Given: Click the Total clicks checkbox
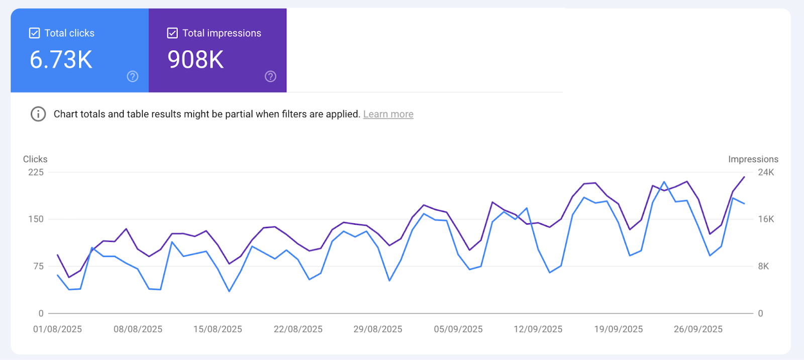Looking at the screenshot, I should tap(35, 33).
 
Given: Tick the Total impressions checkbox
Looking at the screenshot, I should tap(172, 33).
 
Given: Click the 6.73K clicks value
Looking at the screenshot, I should tap(61, 60).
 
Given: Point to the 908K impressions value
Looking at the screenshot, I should tap(195, 60).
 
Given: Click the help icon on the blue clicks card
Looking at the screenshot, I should tap(133, 76).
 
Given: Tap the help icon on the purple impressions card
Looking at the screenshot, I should tap(270, 76).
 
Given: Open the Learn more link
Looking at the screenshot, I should tap(388, 114).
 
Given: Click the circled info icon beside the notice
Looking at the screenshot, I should tap(38, 114).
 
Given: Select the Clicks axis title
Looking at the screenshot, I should tap(35, 159).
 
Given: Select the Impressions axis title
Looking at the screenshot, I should tap(753, 159).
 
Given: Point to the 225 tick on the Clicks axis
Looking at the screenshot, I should tap(36, 172).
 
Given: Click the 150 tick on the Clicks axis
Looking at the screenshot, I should tap(36, 219).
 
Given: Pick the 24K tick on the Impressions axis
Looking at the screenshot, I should tap(766, 172).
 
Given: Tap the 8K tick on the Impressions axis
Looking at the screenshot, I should tap(763, 266).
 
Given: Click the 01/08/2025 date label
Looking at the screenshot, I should tap(57, 329).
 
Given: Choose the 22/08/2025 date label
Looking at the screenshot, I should tap(298, 329).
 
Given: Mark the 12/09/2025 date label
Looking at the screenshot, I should tap(538, 329).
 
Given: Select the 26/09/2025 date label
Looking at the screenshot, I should tap(698, 329).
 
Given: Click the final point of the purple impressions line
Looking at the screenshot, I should tap(744, 177).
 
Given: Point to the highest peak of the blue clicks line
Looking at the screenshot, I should tap(664, 182).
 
